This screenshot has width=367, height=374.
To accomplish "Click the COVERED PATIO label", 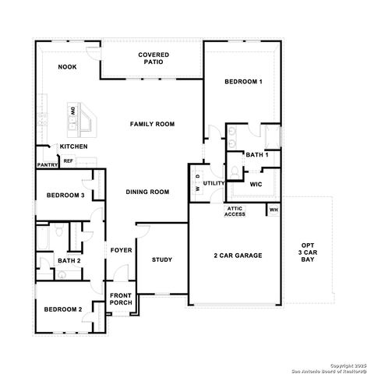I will coord(154,58).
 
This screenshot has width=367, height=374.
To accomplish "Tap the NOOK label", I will coord(67,68).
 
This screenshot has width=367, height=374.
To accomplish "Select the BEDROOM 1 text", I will coord(243,82).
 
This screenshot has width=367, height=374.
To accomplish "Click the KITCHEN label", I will coord(74,146).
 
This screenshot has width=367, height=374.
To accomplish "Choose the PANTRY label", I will coord(47,164).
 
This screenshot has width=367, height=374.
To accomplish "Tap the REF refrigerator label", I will coord(68,161).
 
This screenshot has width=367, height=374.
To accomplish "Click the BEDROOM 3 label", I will coord(65,195).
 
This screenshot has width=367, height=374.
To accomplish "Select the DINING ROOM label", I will coord(148,192).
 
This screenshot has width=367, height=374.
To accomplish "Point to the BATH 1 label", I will coord(257,155).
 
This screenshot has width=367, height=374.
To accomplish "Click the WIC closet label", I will coord(256,185).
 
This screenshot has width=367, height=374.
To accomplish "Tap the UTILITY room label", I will coord(214,183).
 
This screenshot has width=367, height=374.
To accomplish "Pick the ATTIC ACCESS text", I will coord(235,211).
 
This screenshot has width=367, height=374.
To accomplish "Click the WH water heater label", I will coord(273,209).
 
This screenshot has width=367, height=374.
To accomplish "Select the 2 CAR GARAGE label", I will coord(238,256).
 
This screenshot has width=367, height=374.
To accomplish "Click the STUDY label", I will coord(162,259).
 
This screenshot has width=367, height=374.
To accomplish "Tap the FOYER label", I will coord(121,250).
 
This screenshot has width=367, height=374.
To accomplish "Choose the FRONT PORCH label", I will coord(121,300).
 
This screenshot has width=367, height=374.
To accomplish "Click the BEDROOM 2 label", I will coord(62,309).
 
